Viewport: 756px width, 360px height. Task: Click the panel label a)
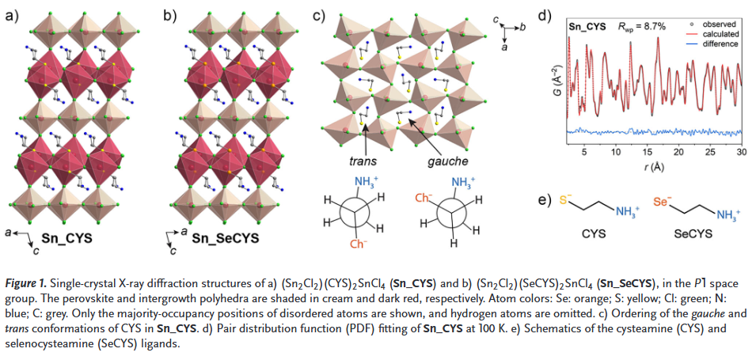click(x=12, y=14)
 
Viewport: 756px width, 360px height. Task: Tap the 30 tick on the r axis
click(x=741, y=152)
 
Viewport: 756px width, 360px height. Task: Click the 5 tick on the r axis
click(x=584, y=152)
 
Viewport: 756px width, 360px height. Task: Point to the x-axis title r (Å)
click(x=654, y=167)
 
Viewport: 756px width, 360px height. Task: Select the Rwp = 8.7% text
click(x=642, y=26)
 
